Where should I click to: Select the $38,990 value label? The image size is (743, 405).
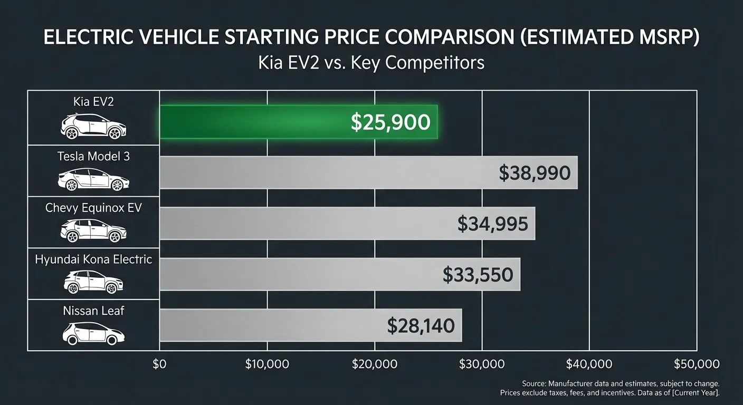coord(535,173)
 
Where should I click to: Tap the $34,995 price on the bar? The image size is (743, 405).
coord(492,224)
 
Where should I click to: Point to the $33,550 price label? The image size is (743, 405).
coord(478,275)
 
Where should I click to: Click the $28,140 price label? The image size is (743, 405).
coord(421,325)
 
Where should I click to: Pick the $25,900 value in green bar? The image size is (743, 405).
coord(390,122)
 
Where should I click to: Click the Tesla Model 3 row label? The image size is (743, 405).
coord(93,157)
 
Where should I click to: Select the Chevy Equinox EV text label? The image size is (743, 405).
coord(93,208)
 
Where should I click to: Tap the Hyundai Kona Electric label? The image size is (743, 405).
coord(93,259)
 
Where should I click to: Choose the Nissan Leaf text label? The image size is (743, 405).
coord(93,311)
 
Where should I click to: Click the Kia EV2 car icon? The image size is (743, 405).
coord(93,127)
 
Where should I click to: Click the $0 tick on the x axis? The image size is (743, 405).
coord(159,364)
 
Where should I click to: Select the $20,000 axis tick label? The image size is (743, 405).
coord(375,364)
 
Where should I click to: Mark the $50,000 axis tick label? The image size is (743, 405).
coord(697,364)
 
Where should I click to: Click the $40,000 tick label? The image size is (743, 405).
coord(589,364)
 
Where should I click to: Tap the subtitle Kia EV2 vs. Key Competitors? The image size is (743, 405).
coord(371,63)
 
